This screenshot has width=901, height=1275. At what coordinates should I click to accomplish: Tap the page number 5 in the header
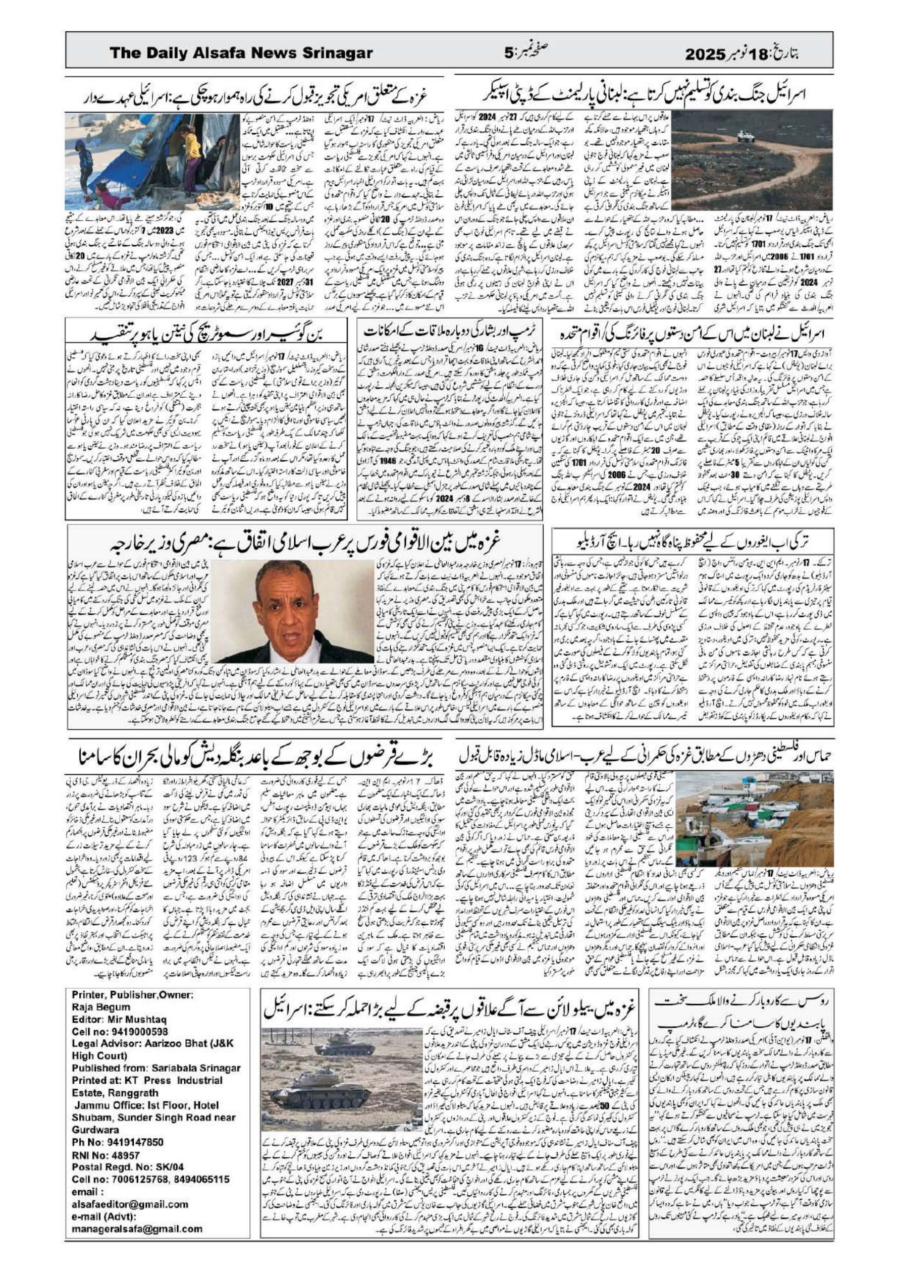508,53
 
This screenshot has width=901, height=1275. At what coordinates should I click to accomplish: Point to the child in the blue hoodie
84,161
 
